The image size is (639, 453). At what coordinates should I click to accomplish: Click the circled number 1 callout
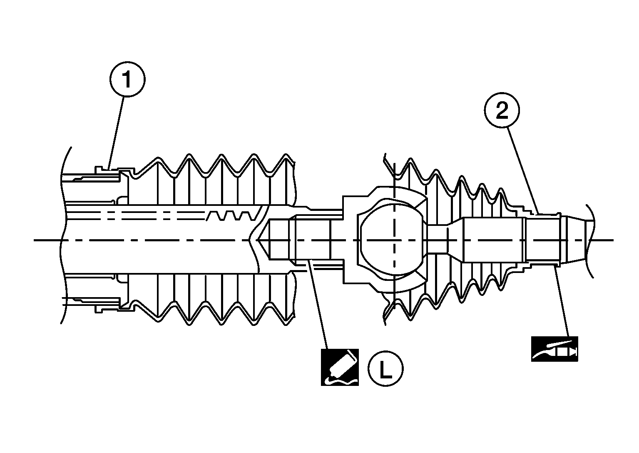click(x=127, y=79)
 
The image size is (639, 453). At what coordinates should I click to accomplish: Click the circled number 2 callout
click(x=502, y=110)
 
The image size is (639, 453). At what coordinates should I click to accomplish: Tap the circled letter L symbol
click(x=385, y=368)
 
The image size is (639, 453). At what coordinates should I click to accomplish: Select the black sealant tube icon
click(x=340, y=367)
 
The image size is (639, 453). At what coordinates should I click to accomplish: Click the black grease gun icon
click(x=555, y=348)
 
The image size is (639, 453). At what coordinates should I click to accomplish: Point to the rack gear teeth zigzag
click(x=231, y=216)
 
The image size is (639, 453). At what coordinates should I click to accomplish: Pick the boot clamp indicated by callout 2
click(x=541, y=214)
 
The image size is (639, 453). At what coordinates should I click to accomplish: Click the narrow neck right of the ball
click(x=437, y=240)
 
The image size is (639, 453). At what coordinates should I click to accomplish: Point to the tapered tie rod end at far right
click(x=574, y=240)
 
